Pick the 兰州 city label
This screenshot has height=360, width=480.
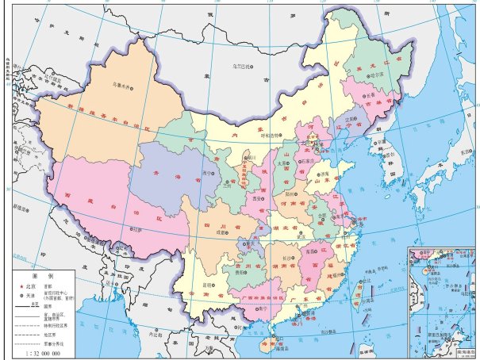(226, 186)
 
